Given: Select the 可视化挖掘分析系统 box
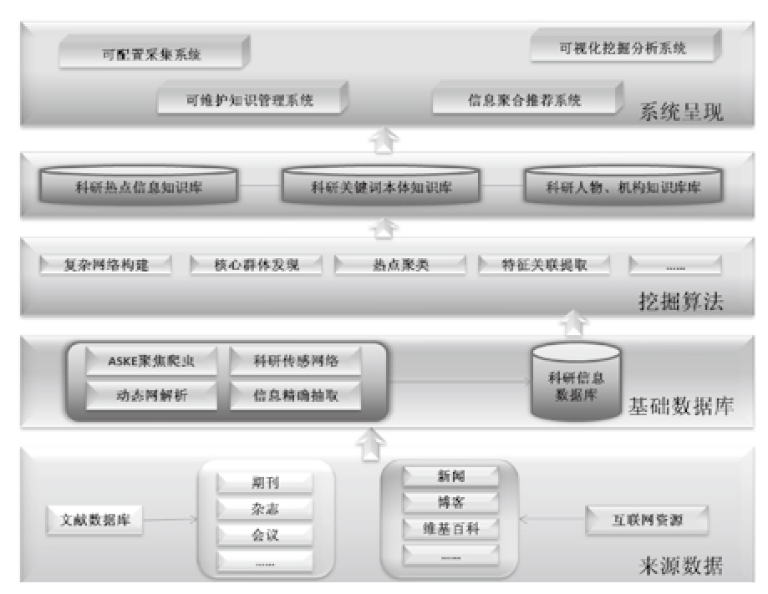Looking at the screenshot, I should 623,49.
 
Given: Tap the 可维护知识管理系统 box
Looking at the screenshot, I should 250,100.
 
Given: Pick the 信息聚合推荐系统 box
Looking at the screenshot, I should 524,101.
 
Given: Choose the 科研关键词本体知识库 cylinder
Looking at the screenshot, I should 380,187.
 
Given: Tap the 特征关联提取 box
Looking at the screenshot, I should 544,266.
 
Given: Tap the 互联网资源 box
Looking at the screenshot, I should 648,520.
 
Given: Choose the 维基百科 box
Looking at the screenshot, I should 450,527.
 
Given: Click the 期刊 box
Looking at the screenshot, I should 265,483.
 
